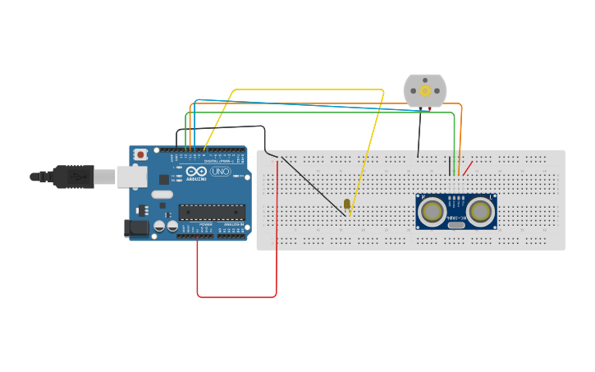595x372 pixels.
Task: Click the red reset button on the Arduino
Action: coord(140,154)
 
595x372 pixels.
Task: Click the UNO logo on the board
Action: coord(221,172)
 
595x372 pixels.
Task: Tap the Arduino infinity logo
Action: coord(196,172)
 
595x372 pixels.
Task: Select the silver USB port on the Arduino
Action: coord(131,176)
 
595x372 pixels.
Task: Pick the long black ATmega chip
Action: coord(212,212)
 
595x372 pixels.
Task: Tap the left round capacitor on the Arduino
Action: coord(160,226)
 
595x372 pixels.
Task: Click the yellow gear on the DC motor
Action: coord(425,90)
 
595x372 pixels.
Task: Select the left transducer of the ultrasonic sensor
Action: coord(432,212)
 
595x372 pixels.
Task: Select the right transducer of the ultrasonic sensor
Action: coord(481,212)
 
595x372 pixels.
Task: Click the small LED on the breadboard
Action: coord(347,203)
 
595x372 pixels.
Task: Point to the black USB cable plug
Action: coord(74,176)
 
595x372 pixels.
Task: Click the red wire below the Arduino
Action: coord(236,296)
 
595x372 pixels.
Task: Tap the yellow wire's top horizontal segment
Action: coord(309,90)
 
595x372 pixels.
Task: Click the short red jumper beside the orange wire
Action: coord(467,168)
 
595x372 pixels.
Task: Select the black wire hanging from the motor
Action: coord(419,131)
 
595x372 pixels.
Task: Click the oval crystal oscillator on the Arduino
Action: coord(162,195)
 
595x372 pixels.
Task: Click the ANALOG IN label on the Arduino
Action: coord(232,224)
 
